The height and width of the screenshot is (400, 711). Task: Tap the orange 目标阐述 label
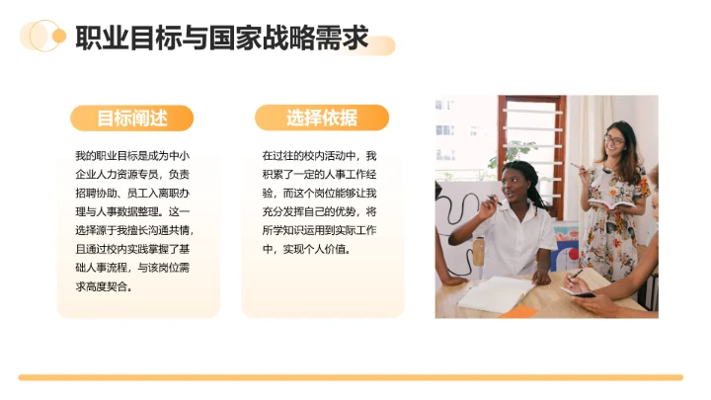coord(131,119)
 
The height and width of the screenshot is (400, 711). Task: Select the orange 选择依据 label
coord(322,119)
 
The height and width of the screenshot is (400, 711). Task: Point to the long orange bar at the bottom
coord(351,377)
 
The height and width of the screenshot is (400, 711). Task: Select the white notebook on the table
coord(495,293)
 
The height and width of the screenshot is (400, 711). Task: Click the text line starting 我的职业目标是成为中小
coord(131,156)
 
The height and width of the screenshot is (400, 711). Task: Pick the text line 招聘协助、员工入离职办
coord(131,194)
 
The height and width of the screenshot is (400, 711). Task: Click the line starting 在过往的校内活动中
coord(320,156)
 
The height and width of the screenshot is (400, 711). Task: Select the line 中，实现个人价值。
coord(306,249)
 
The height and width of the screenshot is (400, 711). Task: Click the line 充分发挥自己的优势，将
coord(320,212)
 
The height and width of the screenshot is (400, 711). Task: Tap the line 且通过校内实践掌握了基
coord(131,249)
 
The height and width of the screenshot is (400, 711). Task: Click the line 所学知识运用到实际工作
coord(320,230)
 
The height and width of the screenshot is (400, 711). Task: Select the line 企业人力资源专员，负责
coord(131,175)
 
